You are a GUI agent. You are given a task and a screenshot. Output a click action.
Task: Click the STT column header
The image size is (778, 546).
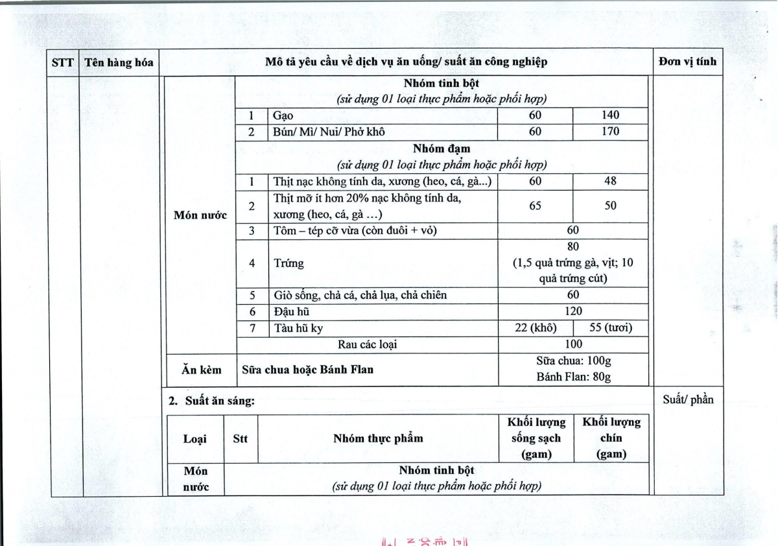(x=63, y=62)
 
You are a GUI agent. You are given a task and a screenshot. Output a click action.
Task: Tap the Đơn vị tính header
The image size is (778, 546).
(x=687, y=62)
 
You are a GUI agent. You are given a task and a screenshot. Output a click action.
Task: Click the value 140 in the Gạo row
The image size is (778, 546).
(x=610, y=115)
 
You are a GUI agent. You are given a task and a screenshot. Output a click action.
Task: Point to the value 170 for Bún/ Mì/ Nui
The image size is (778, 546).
(x=610, y=132)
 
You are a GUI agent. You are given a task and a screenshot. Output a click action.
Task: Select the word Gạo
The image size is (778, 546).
(x=283, y=115)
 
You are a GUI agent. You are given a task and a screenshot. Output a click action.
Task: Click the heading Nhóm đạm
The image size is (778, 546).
(x=442, y=149)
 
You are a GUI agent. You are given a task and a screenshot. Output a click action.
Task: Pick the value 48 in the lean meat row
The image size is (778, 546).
(x=610, y=181)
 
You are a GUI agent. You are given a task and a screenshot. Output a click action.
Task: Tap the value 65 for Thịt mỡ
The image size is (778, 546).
(x=535, y=206)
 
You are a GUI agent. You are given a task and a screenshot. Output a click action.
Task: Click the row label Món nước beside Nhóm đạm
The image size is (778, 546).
(x=200, y=215)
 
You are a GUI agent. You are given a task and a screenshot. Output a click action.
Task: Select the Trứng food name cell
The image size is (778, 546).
(x=289, y=263)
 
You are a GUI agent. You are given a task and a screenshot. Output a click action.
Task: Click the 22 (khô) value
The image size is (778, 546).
(x=535, y=328)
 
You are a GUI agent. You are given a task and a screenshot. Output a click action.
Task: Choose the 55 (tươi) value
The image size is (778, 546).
(x=610, y=328)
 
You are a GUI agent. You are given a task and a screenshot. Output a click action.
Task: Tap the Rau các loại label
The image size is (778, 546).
(x=367, y=344)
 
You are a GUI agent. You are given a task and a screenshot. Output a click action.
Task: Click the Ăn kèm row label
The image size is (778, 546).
(x=201, y=370)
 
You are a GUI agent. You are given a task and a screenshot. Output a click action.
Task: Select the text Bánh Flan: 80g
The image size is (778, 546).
(x=573, y=377)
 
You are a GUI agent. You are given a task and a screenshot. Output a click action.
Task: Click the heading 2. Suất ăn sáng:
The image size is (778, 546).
(x=211, y=401)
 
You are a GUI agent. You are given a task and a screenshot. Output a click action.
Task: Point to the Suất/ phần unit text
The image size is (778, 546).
(x=687, y=399)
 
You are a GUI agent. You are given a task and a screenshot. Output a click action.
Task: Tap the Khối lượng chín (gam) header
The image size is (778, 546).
(x=611, y=438)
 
